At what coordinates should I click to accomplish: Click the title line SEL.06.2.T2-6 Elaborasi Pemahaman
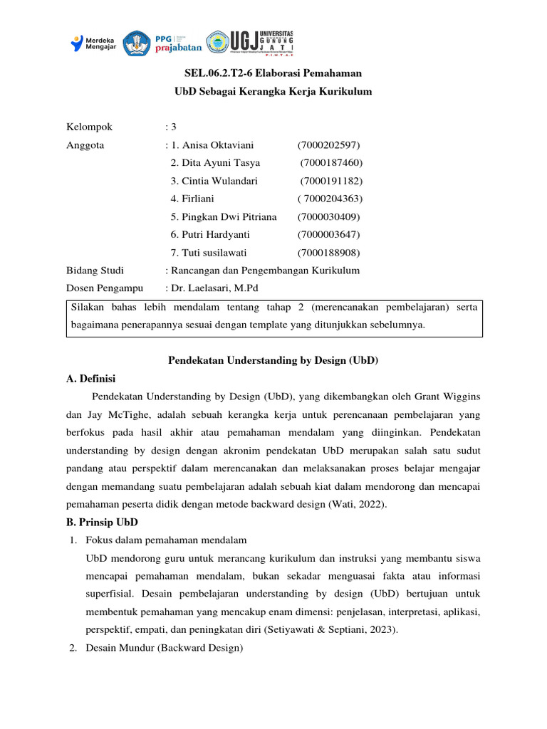(273, 73)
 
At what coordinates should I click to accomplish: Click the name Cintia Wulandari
(214, 181)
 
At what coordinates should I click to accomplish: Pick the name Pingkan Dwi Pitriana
(223, 216)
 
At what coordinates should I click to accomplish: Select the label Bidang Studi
(95, 271)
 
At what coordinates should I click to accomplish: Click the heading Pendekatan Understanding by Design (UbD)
(273, 361)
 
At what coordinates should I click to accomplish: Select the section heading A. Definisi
(90, 378)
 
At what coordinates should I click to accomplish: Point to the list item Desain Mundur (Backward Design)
(164, 648)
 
